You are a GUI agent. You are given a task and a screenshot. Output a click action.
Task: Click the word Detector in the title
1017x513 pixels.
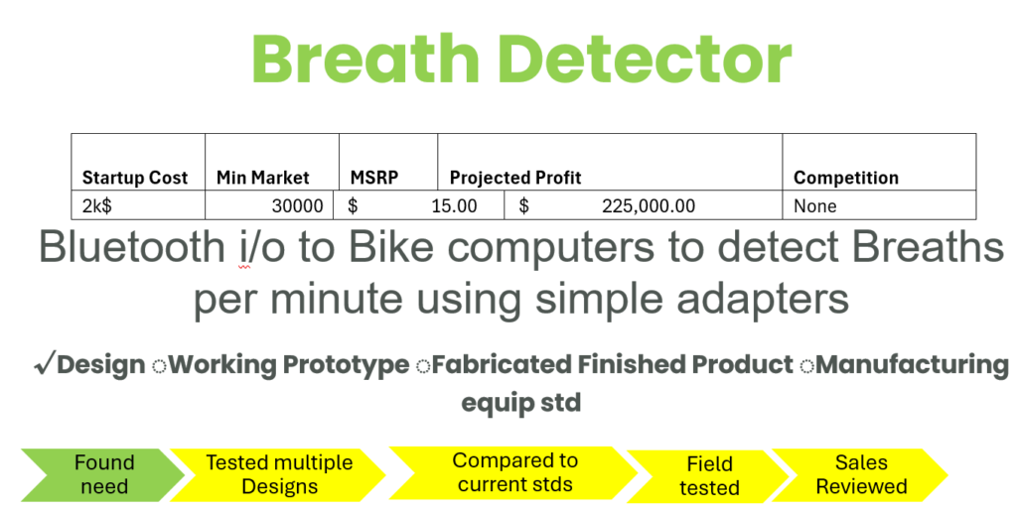[646, 59]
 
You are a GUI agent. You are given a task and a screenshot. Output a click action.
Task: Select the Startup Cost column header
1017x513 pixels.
[135, 178]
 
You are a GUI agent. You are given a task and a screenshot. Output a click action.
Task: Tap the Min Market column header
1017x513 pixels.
[262, 178]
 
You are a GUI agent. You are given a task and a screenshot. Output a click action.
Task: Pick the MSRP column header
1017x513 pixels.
[374, 178]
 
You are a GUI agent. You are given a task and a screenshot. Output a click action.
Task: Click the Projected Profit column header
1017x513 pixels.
[515, 178]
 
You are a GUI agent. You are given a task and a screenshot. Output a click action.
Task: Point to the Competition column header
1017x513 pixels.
[846, 178]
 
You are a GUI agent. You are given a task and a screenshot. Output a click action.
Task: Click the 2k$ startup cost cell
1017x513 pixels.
[96, 206]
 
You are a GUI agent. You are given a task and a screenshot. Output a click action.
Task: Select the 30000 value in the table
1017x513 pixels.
[297, 206]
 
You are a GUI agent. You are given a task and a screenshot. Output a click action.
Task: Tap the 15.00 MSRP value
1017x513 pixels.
[454, 206]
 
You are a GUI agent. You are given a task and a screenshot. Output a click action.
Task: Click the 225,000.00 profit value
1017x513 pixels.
[649, 206]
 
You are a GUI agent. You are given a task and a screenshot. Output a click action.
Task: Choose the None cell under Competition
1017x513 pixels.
[815, 206]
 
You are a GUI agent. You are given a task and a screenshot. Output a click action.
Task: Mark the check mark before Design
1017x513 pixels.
[45, 363]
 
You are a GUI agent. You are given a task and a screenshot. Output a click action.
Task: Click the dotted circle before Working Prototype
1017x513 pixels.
[159, 367]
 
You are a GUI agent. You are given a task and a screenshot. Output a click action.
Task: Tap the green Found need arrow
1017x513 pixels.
[103, 474]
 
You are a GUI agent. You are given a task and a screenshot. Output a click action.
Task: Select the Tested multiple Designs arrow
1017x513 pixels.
[279, 474]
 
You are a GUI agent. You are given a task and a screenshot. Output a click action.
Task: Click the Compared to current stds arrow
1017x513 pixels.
[513, 473]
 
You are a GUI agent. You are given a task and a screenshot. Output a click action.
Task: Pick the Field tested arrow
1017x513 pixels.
[708, 476]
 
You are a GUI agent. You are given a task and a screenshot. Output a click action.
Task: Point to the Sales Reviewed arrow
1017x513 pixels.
[860, 474]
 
